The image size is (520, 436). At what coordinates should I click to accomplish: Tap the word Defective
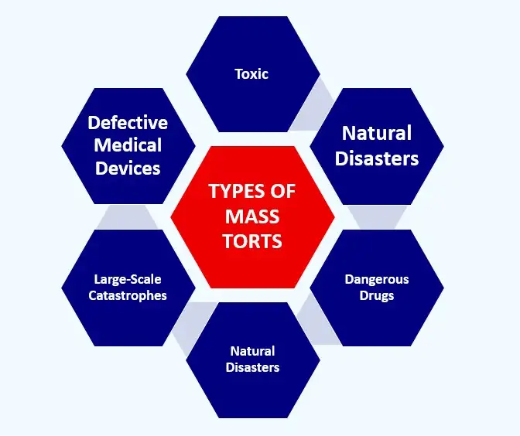point(128,123)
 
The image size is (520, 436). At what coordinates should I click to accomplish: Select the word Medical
point(128,145)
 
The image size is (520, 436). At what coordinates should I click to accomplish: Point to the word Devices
point(128,168)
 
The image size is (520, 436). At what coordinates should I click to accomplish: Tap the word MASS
point(252,216)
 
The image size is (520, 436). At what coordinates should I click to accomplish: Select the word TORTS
point(252,240)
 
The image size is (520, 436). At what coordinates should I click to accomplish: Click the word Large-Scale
point(128,280)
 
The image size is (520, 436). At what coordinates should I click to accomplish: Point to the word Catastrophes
point(128,296)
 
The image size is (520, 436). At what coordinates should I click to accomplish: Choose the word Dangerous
point(376,280)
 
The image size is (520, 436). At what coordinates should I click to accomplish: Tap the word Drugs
point(376,296)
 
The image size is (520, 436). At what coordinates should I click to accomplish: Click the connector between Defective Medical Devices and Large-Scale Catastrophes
point(128,217)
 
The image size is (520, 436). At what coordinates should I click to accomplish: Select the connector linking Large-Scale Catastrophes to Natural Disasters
point(186,325)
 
